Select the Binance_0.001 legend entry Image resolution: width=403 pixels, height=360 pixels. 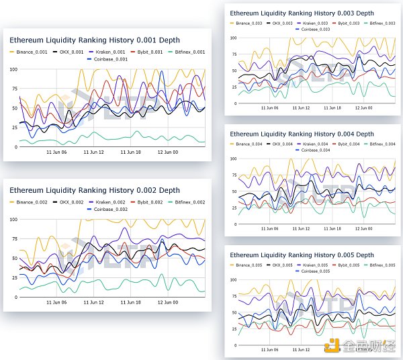coord(33,51)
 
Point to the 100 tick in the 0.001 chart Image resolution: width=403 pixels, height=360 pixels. coord(13,69)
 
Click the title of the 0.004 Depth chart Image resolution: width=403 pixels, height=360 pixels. coord(302,134)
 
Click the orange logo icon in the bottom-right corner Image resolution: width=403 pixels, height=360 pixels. coord(332,345)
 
